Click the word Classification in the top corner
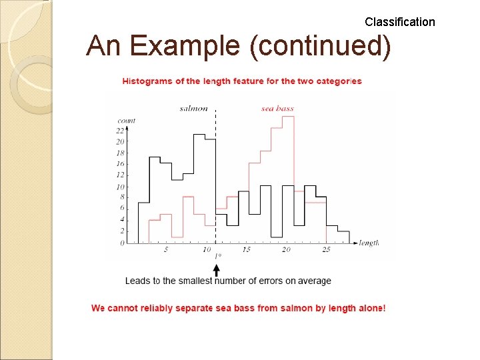(399, 22)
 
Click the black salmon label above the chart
(194, 108)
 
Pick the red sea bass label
(277, 108)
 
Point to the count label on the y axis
(126, 121)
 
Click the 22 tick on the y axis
(120, 131)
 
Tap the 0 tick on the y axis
(122, 243)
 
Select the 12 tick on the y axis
(120, 175)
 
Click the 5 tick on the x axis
(166, 249)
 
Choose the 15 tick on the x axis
(246, 249)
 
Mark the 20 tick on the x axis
(286, 249)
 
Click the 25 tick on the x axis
(326, 249)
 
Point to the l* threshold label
(217, 255)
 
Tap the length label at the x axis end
(369, 243)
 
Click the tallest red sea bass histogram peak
(288, 117)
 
